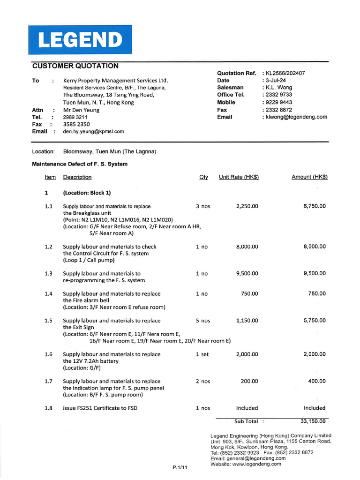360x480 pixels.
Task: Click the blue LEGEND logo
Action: click(80, 40)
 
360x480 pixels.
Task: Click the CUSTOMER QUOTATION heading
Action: click(75, 66)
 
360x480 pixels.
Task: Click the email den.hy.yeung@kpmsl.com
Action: click(94, 132)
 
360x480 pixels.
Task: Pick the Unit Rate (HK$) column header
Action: click(239, 177)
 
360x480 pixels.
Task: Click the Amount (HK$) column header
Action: click(309, 177)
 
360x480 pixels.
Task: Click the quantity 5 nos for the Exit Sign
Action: click(203, 321)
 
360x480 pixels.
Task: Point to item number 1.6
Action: click(49, 354)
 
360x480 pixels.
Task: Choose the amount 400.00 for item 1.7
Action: click(316, 381)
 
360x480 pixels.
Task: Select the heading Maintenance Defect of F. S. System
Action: click(80, 164)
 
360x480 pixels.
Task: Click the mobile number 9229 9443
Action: click(279, 102)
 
